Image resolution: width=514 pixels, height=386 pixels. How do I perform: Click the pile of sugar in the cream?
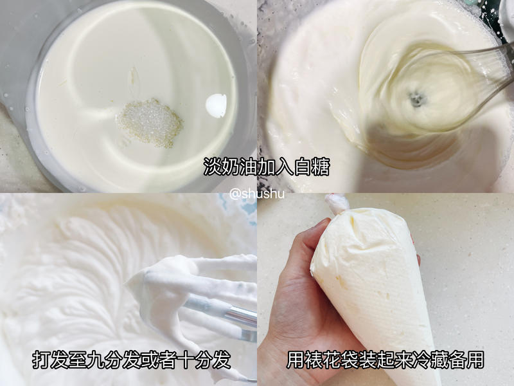[150, 122]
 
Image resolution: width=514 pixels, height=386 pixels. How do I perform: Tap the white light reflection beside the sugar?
[217, 105]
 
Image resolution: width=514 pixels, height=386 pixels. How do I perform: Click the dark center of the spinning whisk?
[417, 98]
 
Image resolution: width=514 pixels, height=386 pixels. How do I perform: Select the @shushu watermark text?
[256, 193]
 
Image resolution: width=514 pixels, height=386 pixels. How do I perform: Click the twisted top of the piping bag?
[336, 204]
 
